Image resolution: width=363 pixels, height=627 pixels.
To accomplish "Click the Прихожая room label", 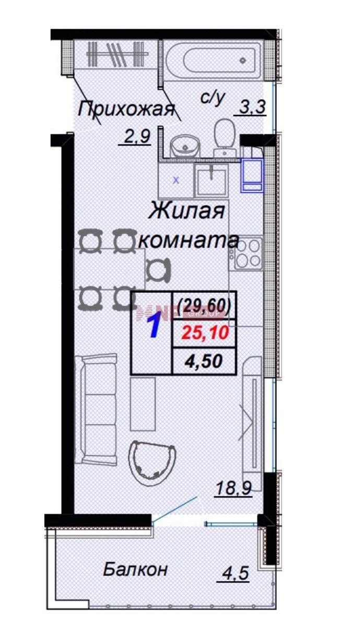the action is [x=126, y=109].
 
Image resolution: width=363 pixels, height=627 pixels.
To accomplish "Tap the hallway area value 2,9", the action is [x=135, y=138].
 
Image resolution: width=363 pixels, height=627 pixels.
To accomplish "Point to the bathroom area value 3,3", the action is [x=250, y=107].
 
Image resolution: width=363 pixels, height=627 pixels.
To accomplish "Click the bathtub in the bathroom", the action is [x=214, y=61].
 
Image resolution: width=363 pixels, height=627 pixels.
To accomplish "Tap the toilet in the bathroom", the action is [x=225, y=137].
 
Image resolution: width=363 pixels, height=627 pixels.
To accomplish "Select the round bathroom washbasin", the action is [x=185, y=145].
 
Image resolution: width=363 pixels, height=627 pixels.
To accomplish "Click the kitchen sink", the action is [x=211, y=179].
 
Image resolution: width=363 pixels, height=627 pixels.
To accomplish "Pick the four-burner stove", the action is [x=246, y=254].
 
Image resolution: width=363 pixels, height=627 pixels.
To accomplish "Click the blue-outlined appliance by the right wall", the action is [x=252, y=175].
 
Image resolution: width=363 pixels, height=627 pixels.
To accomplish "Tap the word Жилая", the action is [x=186, y=211].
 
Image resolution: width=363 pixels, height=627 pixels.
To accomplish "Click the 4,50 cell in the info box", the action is [x=204, y=361].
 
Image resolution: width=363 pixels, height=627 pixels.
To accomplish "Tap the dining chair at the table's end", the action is [x=158, y=271].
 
